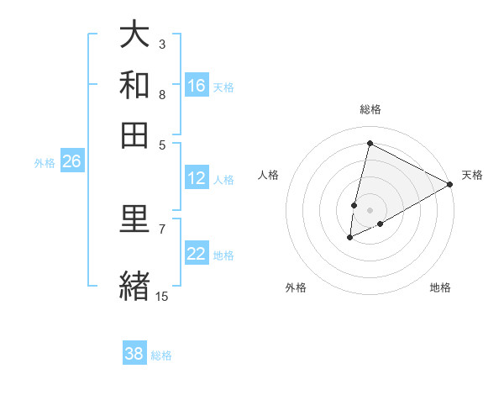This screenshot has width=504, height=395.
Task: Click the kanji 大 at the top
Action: click(x=135, y=34)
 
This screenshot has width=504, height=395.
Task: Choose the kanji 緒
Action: click(x=135, y=284)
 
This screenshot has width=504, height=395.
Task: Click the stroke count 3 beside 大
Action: click(x=162, y=44)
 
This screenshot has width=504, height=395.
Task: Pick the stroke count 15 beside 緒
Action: click(x=162, y=296)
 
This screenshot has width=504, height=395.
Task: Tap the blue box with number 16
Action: click(x=197, y=85)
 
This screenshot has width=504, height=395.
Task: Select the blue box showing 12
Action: click(x=197, y=178)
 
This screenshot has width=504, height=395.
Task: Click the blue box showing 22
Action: click(x=197, y=254)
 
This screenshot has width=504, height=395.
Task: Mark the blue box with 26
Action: click(x=71, y=162)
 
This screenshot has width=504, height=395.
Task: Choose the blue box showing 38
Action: click(x=134, y=354)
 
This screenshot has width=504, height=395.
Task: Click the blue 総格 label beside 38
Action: click(x=161, y=355)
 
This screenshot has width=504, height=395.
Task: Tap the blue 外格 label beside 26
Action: click(x=45, y=164)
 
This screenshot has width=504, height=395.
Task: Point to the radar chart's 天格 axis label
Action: click(x=472, y=175)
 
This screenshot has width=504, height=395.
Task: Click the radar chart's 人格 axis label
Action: click(x=269, y=175)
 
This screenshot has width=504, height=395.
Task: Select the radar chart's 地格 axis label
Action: click(x=440, y=287)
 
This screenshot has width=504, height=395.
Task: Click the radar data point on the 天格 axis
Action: click(x=450, y=184)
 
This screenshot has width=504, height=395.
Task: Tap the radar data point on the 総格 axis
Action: click(x=370, y=143)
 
